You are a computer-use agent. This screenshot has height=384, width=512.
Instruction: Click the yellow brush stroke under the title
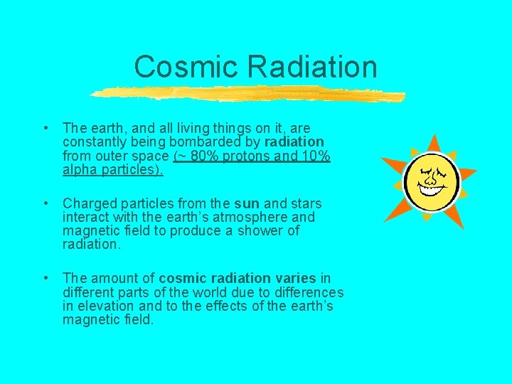[249, 95]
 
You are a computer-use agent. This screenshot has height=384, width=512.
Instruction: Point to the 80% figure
[202, 156]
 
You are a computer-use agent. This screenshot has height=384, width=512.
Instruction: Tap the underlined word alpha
[80, 169]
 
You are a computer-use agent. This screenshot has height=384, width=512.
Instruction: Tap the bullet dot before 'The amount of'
[46, 277]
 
